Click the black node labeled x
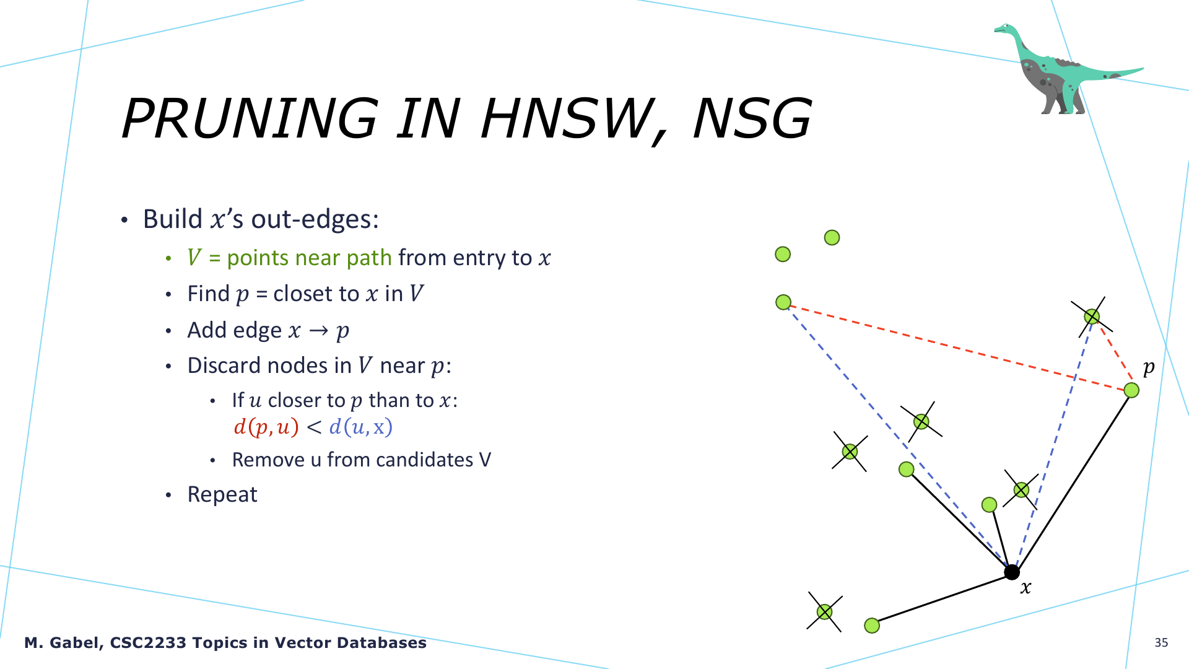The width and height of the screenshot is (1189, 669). click(1011, 572)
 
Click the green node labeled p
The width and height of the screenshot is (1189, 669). click(1131, 390)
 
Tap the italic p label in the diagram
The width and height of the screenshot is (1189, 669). click(1149, 367)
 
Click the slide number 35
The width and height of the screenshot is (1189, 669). click(1161, 642)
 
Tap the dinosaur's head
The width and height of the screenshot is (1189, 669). click(1004, 28)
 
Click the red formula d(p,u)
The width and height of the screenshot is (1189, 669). click(266, 427)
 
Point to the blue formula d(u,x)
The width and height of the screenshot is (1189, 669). click(360, 427)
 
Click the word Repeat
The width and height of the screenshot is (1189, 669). click(222, 494)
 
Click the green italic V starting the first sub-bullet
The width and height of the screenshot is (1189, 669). click(194, 258)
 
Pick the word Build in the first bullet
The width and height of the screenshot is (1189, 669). click(173, 219)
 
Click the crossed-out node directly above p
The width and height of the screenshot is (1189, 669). click(1092, 317)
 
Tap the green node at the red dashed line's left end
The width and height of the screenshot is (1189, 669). click(783, 302)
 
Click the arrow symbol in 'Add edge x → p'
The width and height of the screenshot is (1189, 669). click(318, 330)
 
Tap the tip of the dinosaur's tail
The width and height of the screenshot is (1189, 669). click(1143, 69)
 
